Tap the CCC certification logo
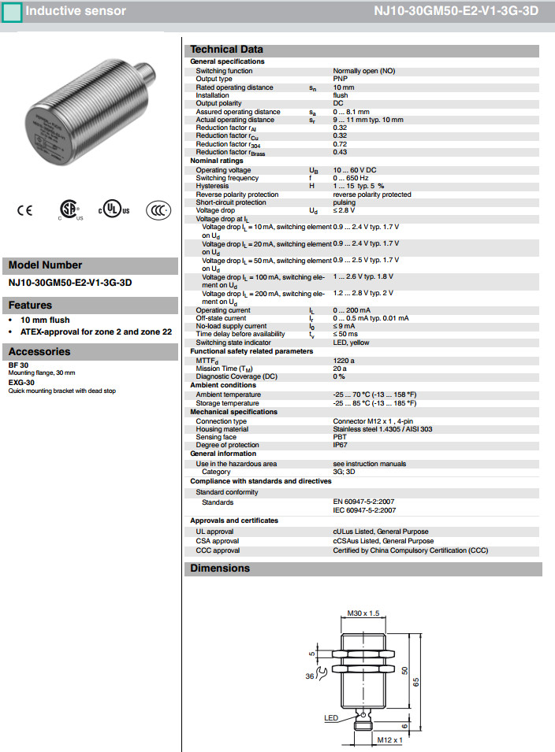pyautogui.click(x=158, y=210)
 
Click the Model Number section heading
pyautogui.click(x=45, y=265)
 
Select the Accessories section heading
pyautogui.click(x=39, y=352)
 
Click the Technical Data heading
pyautogui.click(x=227, y=50)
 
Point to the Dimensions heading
pyautogui.click(x=220, y=569)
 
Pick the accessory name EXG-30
pyautogui.click(x=21, y=383)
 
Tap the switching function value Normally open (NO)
pyautogui.click(x=363, y=71)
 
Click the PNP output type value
pyautogui.click(x=341, y=79)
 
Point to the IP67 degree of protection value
pyautogui.click(x=341, y=444)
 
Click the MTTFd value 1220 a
pyautogui.click(x=344, y=360)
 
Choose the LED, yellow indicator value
pyautogui.click(x=351, y=343)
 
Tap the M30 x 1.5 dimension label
pyautogui.click(x=363, y=613)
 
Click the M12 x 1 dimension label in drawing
pyautogui.click(x=389, y=740)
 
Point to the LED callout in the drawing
pyautogui.click(x=331, y=717)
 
